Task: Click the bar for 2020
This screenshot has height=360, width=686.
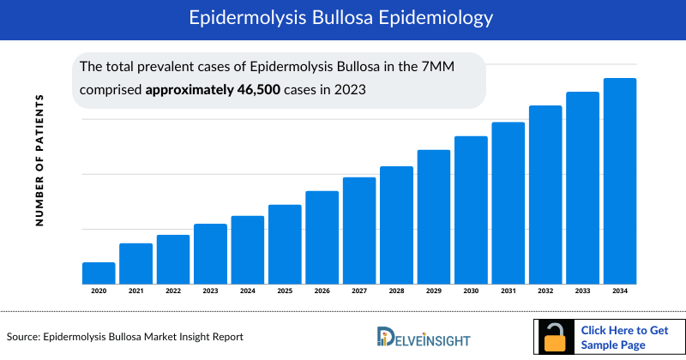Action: tap(99, 273)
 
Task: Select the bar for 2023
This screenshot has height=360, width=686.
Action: tap(210, 254)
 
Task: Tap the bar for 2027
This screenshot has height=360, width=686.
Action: tap(359, 231)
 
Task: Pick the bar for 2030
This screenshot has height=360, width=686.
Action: tap(471, 210)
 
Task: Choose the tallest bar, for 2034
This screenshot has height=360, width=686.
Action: tap(620, 181)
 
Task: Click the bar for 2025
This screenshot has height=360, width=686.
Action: tap(285, 244)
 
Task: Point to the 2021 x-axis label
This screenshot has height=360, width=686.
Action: tap(135, 291)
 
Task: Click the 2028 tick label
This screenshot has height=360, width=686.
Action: tap(396, 291)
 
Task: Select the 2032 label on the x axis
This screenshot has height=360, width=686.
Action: tap(545, 291)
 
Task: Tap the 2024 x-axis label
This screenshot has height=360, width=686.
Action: tap(248, 291)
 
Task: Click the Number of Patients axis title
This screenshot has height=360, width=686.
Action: tap(39, 160)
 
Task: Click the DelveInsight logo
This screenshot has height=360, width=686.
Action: tap(429, 337)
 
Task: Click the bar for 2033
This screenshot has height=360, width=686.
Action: tap(582, 188)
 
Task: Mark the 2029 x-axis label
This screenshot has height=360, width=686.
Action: tap(434, 291)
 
